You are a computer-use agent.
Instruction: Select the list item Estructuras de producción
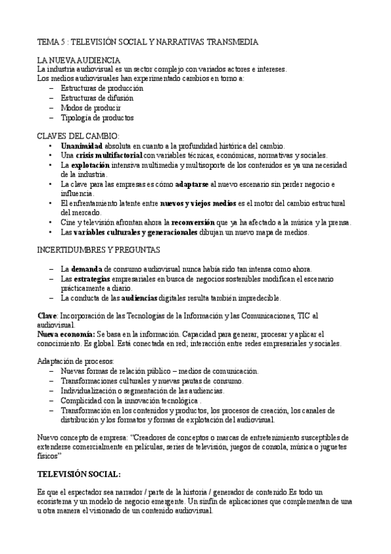pos(102,88)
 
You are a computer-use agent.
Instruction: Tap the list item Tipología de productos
pos(97,118)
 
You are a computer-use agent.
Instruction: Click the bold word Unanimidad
pos(82,145)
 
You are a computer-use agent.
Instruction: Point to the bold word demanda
pos(85,269)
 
